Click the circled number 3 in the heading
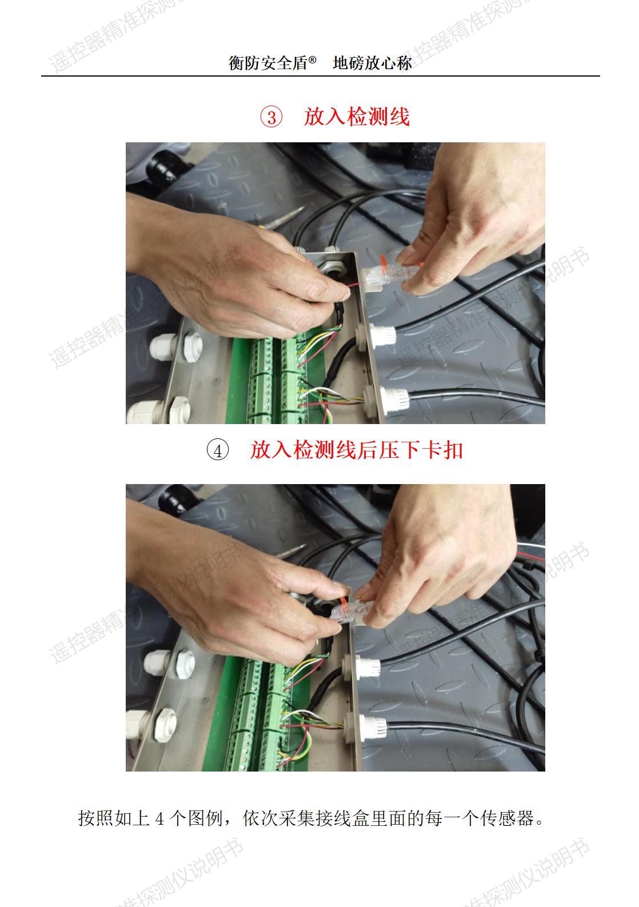271,117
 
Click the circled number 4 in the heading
217,451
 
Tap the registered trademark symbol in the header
312,60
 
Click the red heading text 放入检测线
356,117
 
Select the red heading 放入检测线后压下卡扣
356,450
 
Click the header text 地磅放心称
372,63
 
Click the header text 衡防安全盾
267,63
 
